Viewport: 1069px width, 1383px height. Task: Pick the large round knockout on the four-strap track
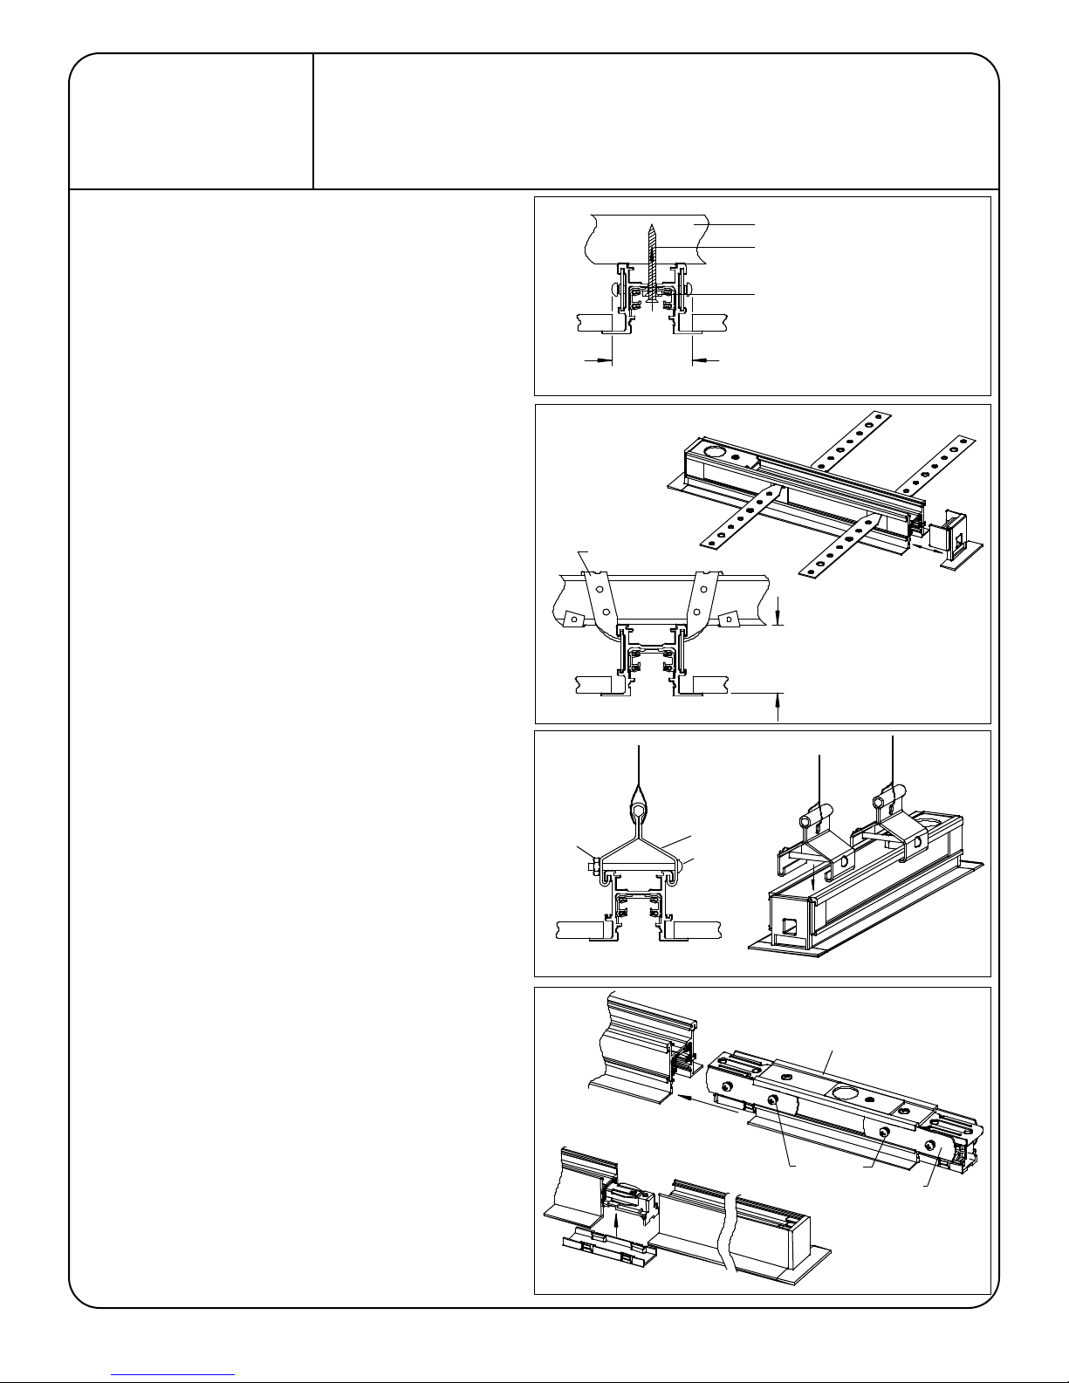[712, 453]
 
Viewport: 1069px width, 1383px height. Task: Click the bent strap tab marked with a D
[730, 619]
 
